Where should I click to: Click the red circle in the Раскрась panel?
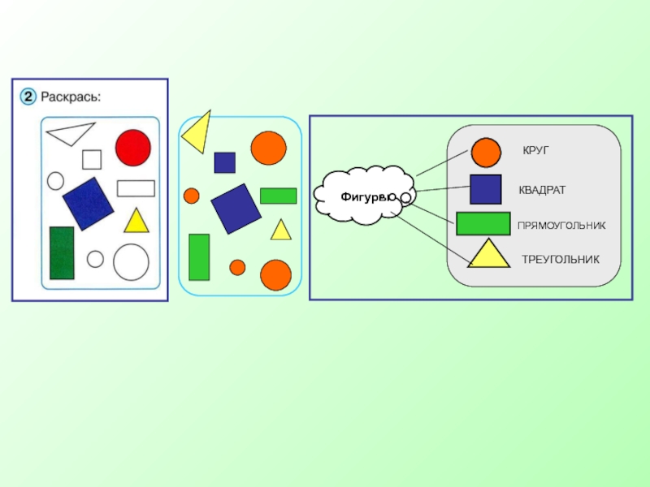(132, 147)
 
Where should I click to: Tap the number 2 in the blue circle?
(27, 97)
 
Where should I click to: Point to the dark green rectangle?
(62, 252)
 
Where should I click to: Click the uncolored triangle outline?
(70, 133)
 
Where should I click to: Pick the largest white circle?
(131, 262)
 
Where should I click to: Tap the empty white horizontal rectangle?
(136, 188)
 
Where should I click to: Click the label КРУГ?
(536, 151)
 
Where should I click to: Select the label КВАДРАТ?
(542, 190)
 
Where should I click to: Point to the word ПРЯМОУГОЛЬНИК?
(561, 225)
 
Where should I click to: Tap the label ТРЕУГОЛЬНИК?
(560, 260)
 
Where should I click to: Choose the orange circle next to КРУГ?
(486, 153)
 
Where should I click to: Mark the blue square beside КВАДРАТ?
(485, 189)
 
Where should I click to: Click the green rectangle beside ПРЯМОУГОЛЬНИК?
(483, 223)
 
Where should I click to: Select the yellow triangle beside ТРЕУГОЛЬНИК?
(487, 256)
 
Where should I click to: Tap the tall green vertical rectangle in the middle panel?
(199, 256)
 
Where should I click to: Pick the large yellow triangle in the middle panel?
(197, 132)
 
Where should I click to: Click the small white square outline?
(92, 159)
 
